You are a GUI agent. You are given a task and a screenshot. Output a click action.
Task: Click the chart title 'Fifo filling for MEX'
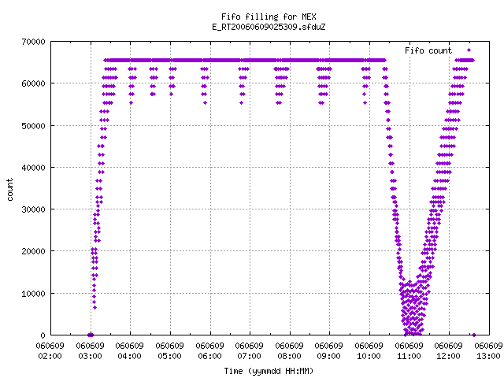269,17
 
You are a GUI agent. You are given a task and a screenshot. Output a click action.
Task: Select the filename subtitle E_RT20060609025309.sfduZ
269,27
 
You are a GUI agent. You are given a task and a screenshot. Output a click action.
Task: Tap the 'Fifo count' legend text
428,50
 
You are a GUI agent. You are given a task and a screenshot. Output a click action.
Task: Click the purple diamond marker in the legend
469,50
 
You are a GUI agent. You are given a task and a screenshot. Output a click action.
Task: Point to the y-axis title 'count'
10,190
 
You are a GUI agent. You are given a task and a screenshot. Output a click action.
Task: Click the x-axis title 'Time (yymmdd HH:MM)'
269,371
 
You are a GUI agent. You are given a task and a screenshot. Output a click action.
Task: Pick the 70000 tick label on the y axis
33,42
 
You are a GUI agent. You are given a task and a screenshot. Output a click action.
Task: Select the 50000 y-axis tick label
33,126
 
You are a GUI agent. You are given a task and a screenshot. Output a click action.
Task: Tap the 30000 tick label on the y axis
33,209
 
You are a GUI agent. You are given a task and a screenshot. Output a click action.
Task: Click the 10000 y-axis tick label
33,294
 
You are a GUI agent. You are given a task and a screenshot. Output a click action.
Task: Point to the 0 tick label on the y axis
43,335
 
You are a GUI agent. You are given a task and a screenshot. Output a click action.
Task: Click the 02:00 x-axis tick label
50,356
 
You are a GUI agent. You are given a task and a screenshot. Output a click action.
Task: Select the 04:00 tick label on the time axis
130,356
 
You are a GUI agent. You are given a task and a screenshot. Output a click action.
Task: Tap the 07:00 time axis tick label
250,356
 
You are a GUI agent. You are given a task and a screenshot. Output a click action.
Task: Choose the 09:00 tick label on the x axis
329,356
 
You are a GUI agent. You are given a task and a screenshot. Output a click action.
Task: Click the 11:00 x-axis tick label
409,356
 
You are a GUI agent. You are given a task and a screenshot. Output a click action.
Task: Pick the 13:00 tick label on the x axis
489,356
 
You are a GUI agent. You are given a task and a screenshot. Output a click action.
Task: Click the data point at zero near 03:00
91,335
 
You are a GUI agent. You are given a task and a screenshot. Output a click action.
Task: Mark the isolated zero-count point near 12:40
474,335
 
